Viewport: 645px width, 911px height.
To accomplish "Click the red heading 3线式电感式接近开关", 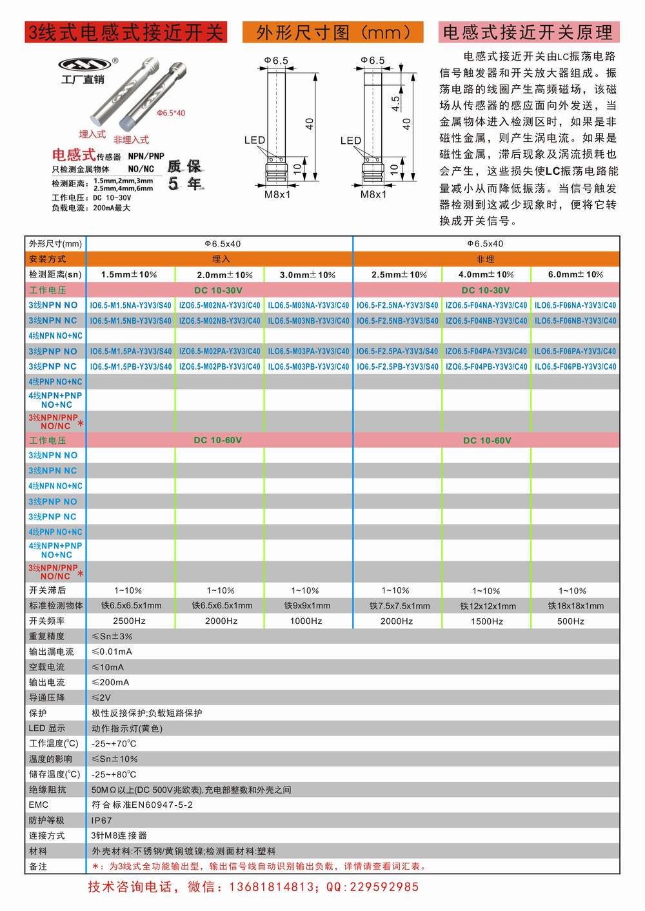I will click(126, 32).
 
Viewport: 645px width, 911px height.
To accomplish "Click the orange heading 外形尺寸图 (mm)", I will click(333, 32).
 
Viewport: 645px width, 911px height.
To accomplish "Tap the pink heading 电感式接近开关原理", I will click(528, 32).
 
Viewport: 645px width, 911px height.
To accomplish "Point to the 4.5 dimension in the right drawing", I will click(395, 103).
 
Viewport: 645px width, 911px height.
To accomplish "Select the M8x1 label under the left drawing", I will click(277, 194).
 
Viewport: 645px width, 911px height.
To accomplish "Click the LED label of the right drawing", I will click(351, 141).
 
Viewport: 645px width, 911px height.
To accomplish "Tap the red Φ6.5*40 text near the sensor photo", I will click(171, 113).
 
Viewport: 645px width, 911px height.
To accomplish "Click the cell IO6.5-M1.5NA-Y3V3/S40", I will click(130, 305).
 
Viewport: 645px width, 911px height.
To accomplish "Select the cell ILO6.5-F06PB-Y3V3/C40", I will click(575, 366).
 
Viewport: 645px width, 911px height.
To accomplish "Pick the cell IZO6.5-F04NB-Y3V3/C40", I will click(486, 321).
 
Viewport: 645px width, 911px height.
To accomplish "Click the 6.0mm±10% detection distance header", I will click(575, 275).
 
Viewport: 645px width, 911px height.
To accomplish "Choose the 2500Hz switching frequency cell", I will click(129, 621).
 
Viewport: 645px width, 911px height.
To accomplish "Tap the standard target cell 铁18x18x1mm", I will click(576, 606).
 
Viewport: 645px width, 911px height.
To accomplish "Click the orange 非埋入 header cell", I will click(485, 259).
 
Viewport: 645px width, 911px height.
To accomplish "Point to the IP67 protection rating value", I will click(102, 821).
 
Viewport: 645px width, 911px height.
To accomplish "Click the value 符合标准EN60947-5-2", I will click(143, 805).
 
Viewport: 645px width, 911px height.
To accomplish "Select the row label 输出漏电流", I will click(52, 652).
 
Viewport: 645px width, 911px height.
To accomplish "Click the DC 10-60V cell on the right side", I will click(487, 441).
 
